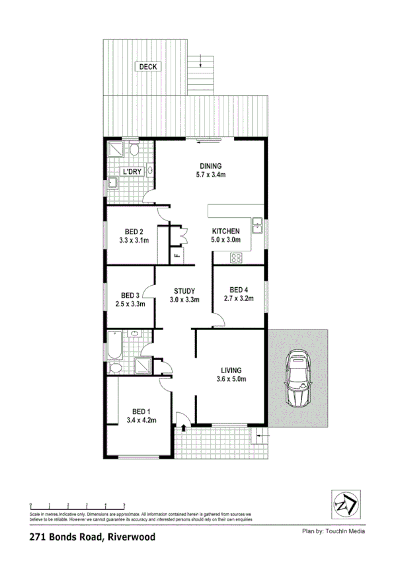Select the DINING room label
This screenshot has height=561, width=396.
point(211,166)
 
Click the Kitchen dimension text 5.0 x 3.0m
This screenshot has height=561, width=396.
point(225,240)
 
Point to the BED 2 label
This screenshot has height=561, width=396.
point(133,232)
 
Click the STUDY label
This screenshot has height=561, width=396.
point(184,290)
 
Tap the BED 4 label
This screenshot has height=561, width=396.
point(239,290)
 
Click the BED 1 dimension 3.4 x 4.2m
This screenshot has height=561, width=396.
point(141,419)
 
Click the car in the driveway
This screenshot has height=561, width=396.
point(297,383)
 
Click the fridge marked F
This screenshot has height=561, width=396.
point(177,255)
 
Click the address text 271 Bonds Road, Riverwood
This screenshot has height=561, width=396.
point(93,538)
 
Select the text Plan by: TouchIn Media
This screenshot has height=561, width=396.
point(333,531)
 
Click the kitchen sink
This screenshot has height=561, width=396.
point(258,228)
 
